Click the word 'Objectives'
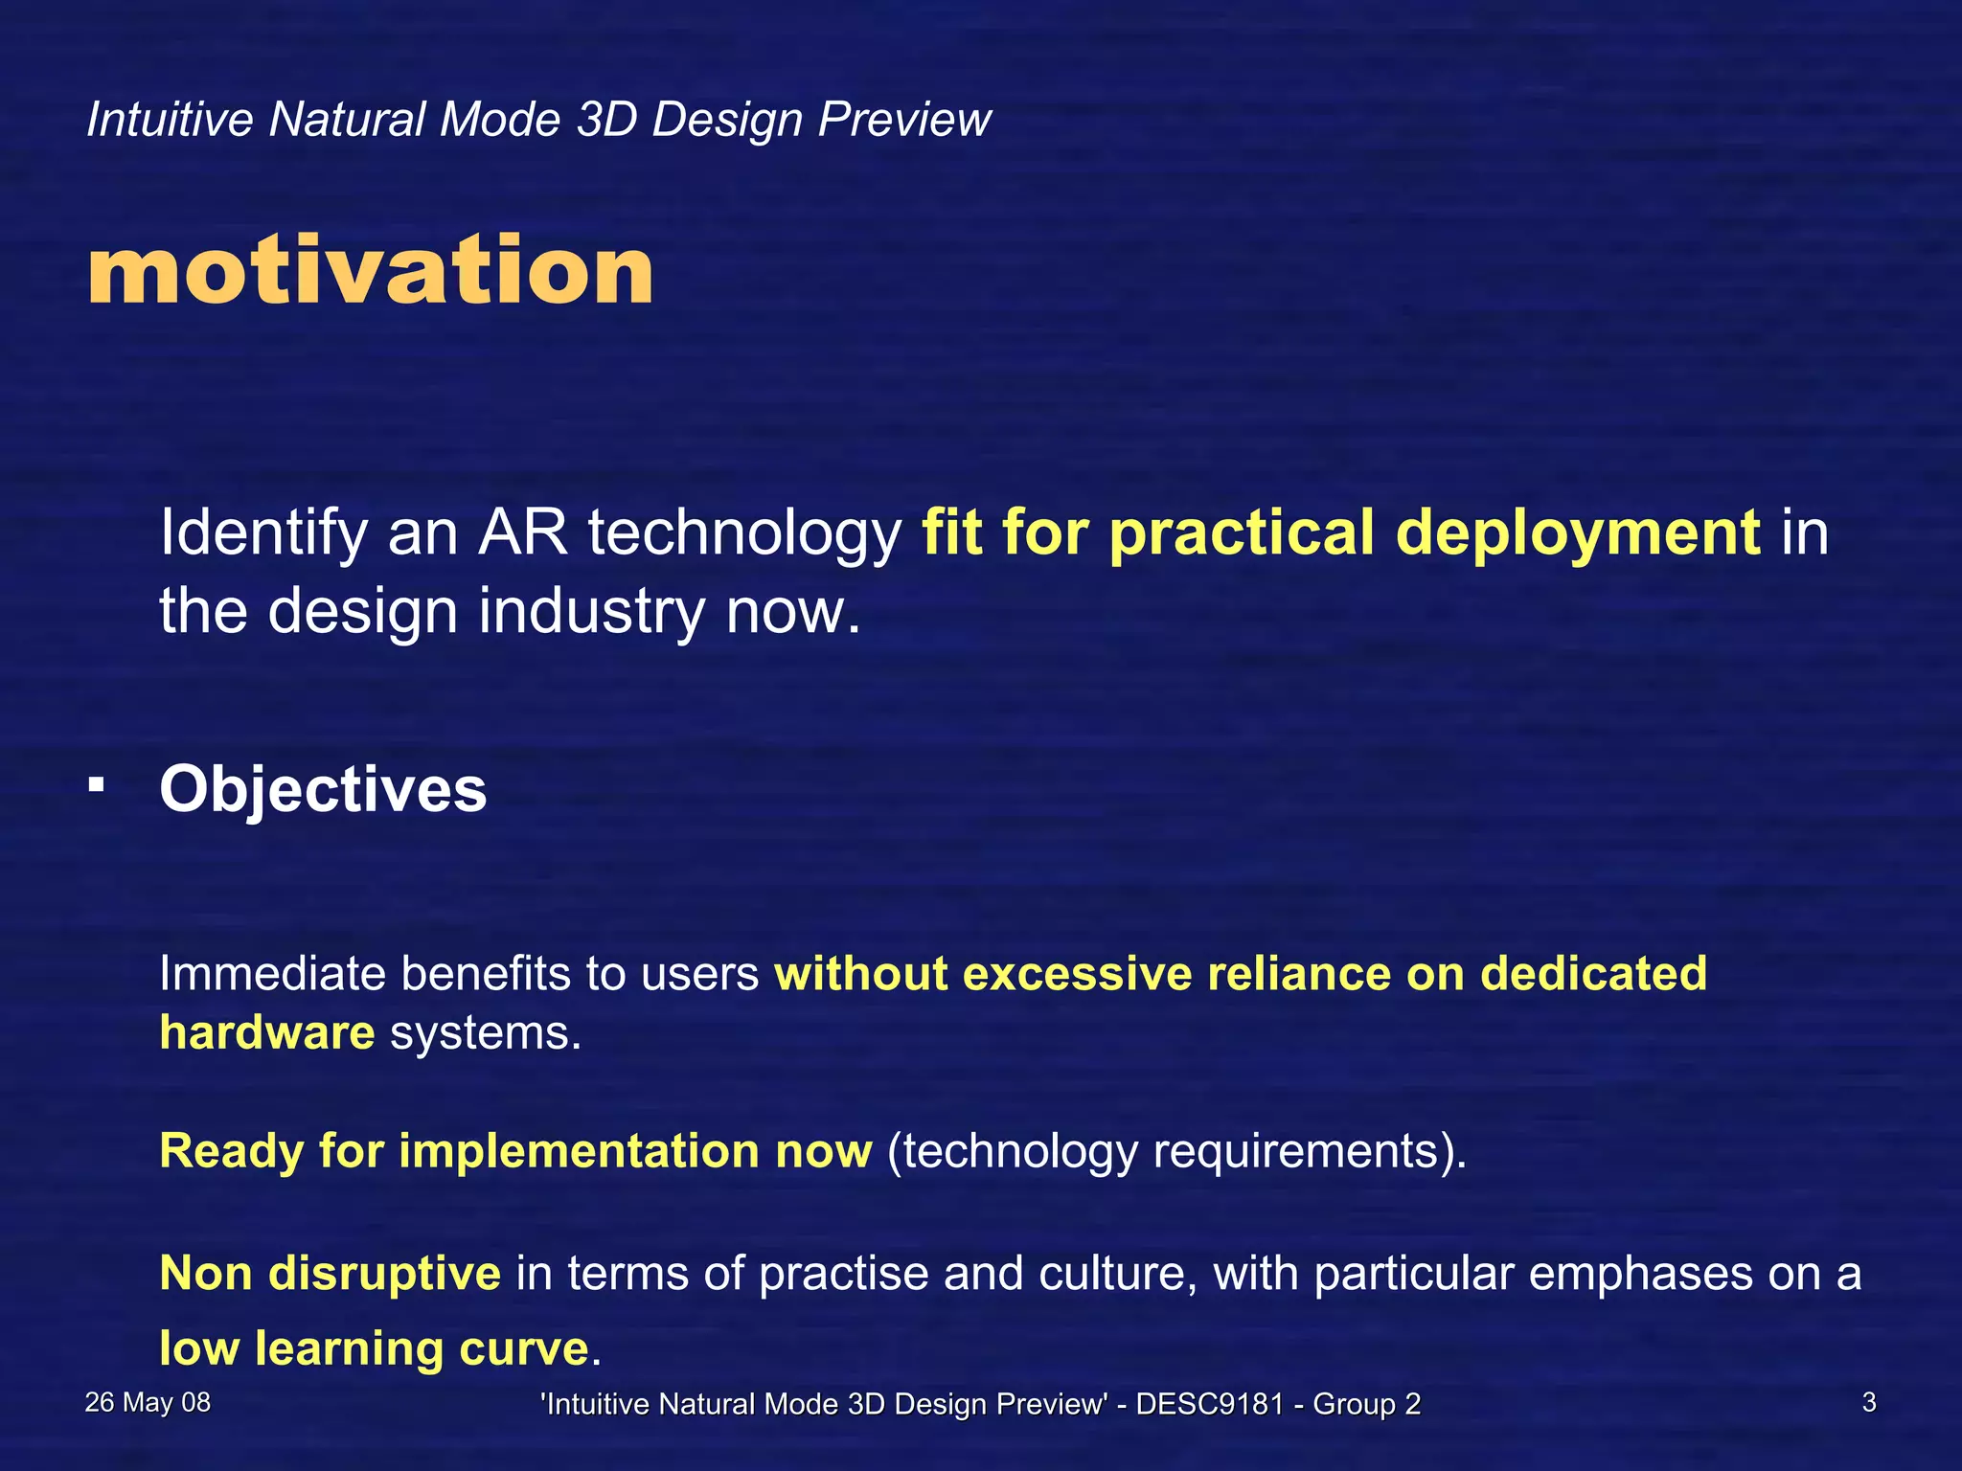[x=323, y=789]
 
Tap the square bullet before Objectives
[x=96, y=785]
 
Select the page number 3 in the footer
[x=1868, y=1403]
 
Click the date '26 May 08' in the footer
[x=148, y=1403]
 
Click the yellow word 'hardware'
[x=267, y=1032]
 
